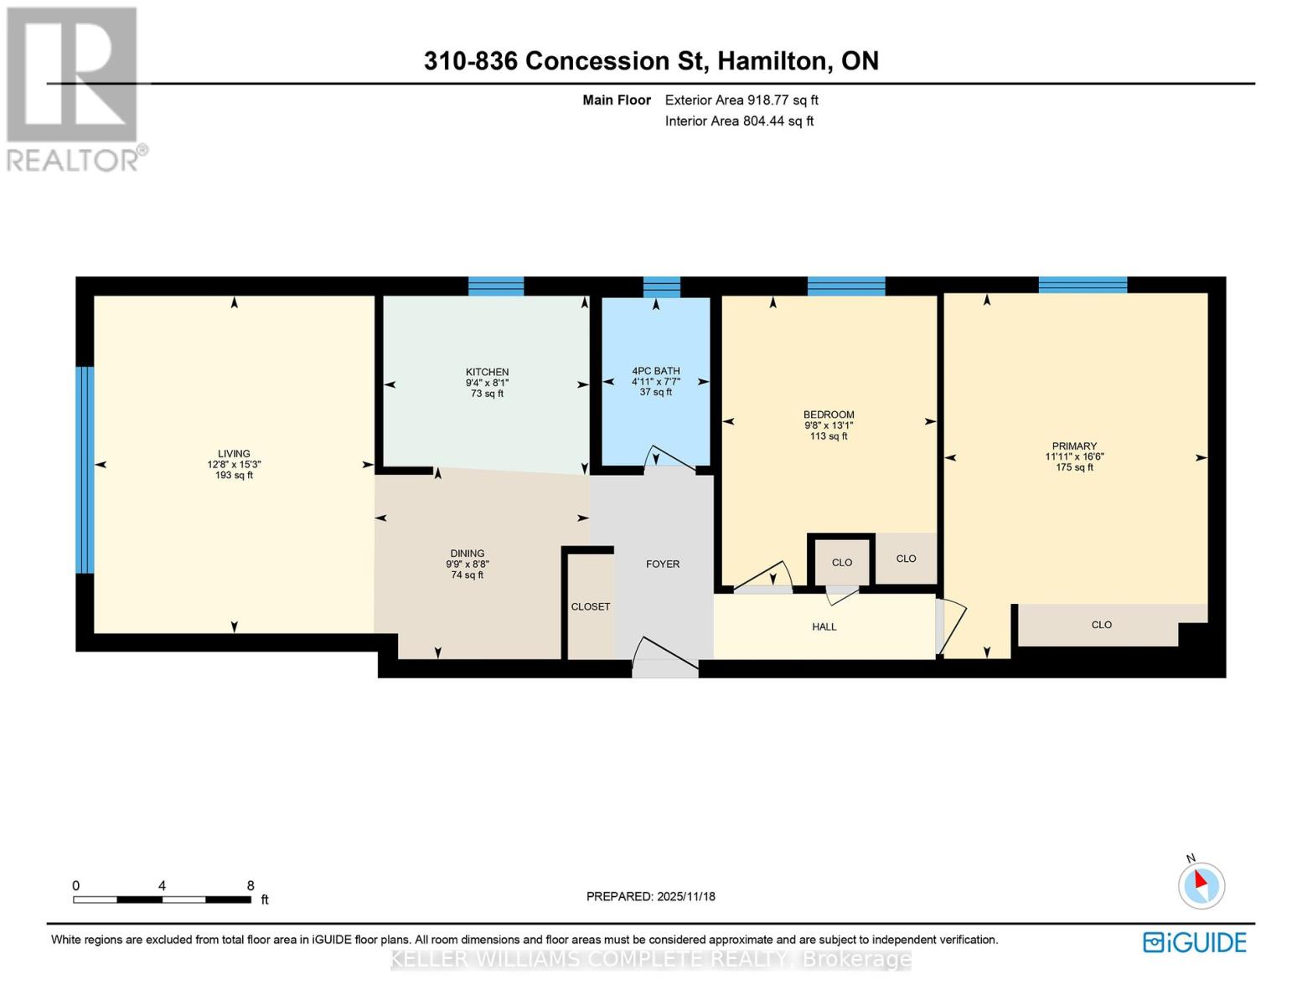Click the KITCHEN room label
(487, 372)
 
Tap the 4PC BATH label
(655, 371)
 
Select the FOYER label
(662, 564)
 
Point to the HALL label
(824, 626)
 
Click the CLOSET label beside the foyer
(590, 606)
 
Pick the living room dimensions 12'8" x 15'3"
(234, 464)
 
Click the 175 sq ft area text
(1074, 467)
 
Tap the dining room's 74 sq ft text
(467, 575)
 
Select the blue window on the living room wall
(85, 470)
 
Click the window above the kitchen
(495, 286)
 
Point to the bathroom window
(662, 287)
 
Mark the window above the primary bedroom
(1082, 285)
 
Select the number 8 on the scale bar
(251, 885)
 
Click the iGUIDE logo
(1195, 942)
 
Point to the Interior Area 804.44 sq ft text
(739, 121)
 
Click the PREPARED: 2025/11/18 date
(651, 896)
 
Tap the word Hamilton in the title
(773, 61)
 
